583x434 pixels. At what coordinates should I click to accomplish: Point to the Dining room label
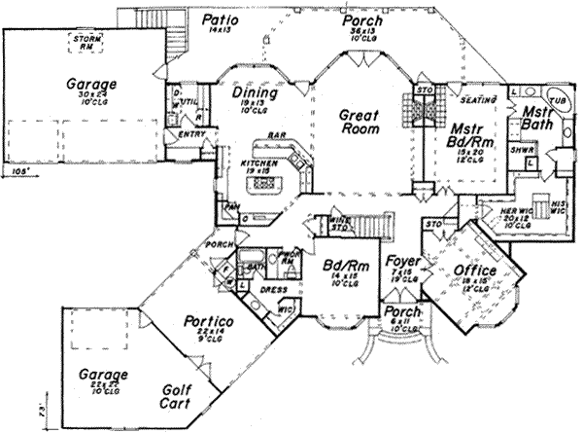pos(256,94)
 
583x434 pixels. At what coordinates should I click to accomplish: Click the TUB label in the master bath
pos(559,100)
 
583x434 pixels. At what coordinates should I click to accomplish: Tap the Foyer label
pos(401,262)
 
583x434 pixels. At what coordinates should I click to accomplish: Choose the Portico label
pos(209,322)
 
